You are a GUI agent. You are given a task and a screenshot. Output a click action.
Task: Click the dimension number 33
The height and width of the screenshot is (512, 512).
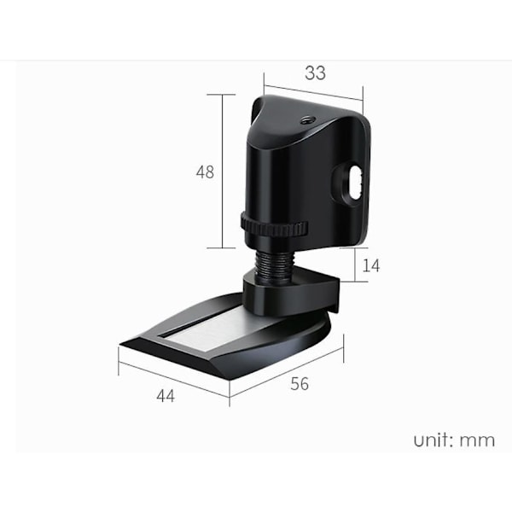pyautogui.click(x=315, y=73)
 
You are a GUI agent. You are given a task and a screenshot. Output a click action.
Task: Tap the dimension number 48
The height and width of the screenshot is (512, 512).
pyautogui.click(x=205, y=172)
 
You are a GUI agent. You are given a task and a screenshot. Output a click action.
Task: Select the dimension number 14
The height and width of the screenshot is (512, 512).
pyautogui.click(x=371, y=265)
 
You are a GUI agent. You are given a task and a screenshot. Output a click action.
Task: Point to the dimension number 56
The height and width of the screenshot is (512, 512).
pyautogui.click(x=300, y=384)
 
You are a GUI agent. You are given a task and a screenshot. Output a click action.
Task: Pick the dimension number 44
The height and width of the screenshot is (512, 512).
pyautogui.click(x=166, y=396)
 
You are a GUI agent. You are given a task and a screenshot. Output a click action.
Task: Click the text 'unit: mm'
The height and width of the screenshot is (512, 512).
pyautogui.click(x=454, y=440)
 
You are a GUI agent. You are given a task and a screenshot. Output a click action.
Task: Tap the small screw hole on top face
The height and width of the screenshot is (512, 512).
pyautogui.click(x=306, y=121)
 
